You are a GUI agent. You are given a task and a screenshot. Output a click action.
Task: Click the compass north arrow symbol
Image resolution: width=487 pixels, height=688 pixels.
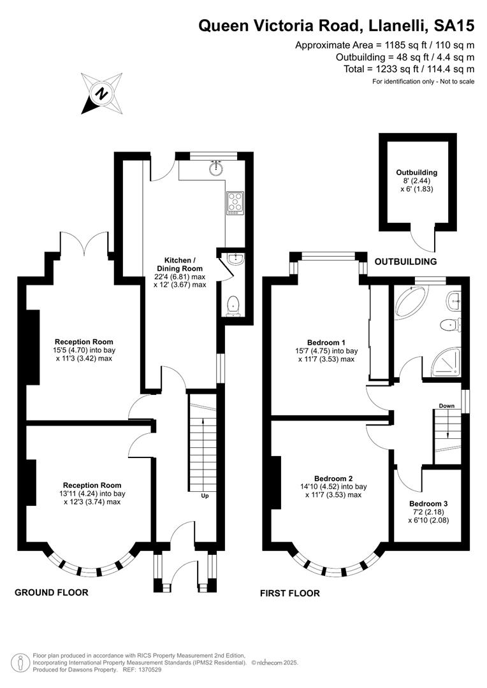tap(101, 94)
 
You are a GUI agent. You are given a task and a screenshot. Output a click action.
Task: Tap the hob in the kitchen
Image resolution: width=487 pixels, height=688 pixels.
tap(235, 203)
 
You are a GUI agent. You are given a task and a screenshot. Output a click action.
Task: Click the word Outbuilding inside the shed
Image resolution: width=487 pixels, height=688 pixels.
tap(416, 173)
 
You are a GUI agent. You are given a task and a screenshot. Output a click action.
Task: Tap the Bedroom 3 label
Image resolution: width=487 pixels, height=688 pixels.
tap(428, 504)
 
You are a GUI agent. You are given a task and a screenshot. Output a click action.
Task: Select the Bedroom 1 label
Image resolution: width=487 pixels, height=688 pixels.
tap(326, 342)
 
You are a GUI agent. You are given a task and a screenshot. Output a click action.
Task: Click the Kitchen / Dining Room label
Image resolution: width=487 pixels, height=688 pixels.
tap(180, 264)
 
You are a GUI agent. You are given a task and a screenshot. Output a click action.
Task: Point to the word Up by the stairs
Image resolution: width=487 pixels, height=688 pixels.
tap(205, 496)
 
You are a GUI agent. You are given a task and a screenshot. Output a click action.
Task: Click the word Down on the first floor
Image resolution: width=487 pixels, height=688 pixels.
tap(447, 406)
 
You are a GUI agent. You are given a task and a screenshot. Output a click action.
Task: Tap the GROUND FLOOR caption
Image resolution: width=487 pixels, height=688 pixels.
tap(52, 592)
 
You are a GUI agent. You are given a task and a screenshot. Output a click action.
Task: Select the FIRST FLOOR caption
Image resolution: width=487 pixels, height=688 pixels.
tap(290, 593)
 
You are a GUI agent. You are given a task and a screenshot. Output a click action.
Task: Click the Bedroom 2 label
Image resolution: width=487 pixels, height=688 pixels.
tap(333, 478)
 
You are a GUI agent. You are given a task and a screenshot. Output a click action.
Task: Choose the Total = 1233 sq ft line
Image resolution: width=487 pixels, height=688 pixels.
tap(409, 69)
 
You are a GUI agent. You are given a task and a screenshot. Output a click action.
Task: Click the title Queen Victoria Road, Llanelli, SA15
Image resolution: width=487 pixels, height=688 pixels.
tap(337, 25)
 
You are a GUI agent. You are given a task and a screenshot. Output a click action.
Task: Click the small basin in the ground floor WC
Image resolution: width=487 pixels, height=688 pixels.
tap(236, 259)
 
